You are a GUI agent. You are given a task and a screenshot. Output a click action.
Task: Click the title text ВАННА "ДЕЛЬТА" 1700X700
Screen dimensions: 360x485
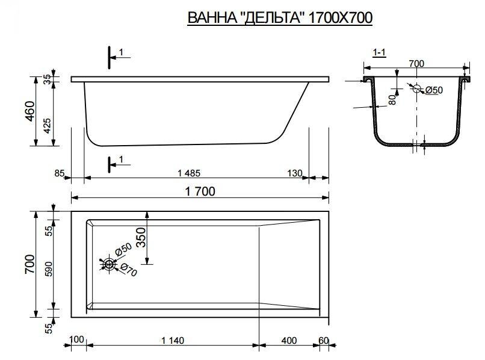coord(280,18)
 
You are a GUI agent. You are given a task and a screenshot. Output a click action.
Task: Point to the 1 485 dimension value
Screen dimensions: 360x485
coord(188,173)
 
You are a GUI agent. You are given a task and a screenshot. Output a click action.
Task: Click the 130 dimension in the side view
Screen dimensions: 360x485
coord(294,173)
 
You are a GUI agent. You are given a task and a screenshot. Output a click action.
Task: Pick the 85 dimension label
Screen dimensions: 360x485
coord(59,173)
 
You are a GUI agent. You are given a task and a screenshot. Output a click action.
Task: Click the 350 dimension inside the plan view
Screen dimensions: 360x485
coord(140,238)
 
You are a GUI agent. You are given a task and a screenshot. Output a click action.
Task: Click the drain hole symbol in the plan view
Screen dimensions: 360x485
coord(109,264)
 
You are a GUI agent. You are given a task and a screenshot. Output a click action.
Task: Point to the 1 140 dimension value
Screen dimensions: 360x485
coord(173,341)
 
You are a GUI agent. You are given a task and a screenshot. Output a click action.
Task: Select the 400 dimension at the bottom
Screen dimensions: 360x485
coord(289,341)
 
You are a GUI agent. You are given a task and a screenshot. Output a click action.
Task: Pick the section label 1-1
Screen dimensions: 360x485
coord(380,53)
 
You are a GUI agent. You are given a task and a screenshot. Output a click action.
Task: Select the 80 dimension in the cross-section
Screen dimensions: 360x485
coord(392,99)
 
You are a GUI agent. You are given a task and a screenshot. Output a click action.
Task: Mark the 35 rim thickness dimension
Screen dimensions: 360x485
coord(48,79)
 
